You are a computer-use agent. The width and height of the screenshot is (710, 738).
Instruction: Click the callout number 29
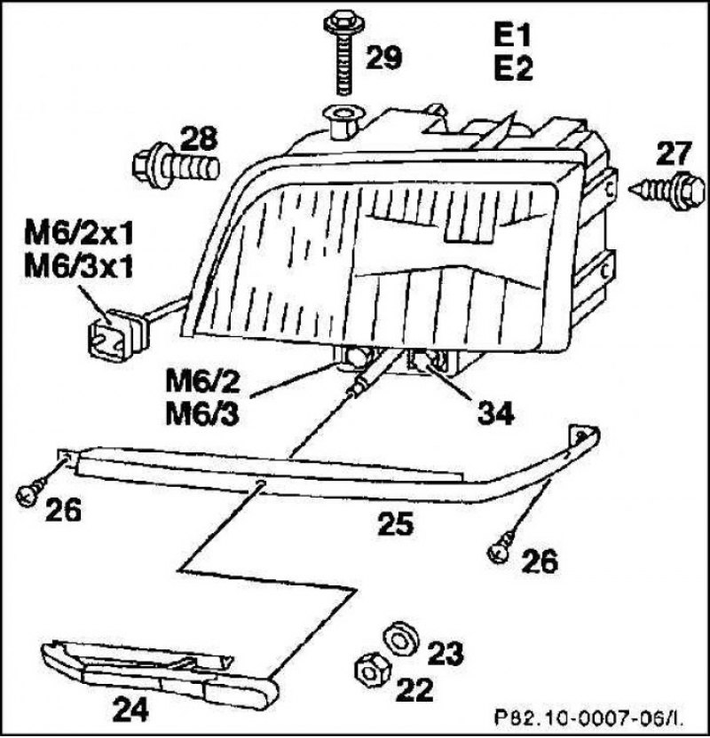384,58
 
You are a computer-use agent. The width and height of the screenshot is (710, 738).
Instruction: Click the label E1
512,36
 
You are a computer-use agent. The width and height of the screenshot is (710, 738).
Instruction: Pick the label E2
513,68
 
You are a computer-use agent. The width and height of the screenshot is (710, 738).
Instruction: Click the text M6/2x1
78,235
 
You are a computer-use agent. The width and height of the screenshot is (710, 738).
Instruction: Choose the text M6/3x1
78,269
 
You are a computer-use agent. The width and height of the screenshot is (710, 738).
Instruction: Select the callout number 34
495,414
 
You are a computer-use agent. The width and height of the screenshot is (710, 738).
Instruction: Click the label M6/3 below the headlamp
202,416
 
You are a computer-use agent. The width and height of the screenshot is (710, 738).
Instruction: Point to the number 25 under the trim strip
396,523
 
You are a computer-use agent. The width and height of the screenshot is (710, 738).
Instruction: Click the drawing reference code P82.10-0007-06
589,718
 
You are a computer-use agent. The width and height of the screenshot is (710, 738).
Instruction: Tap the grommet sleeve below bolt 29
341,123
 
